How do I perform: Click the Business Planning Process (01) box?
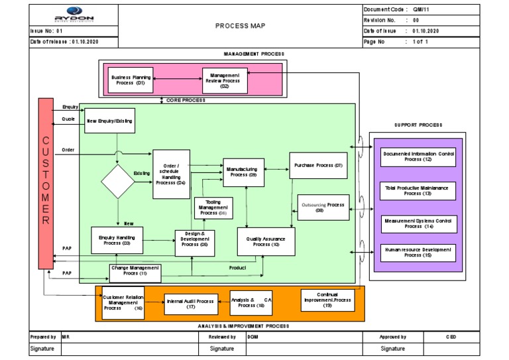tap(131, 80)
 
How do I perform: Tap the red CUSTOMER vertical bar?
tap(46, 184)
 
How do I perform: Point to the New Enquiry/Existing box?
tap(110, 121)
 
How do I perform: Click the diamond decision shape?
tap(118, 181)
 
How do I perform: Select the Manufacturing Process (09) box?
tap(244, 172)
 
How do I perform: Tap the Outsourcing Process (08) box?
tap(321, 208)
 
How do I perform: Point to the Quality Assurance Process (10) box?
tap(262, 241)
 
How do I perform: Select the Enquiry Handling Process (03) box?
tap(117, 240)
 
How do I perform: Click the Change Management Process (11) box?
tap(135, 270)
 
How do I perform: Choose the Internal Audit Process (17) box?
tap(190, 304)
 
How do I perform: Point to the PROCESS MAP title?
tap(239, 26)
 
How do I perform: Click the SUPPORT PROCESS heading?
tap(418, 125)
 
